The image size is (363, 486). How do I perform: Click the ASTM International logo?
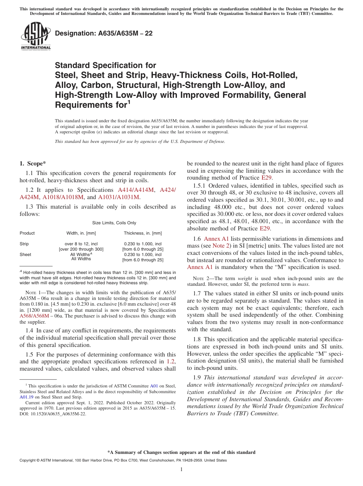tap(35, 36)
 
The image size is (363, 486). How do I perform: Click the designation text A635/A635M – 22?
tap(104, 34)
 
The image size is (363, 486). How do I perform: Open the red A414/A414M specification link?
tap(136, 190)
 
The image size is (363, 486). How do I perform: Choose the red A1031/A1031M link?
tap(119, 197)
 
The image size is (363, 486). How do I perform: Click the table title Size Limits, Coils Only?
tap(114, 223)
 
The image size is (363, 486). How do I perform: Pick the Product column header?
tap(27, 233)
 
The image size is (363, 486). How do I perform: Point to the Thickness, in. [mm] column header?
tap(143, 233)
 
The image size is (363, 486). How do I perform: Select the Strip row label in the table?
tap(24, 244)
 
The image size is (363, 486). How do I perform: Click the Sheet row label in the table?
tap(25, 254)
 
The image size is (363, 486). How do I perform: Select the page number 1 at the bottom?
tap(181, 470)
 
